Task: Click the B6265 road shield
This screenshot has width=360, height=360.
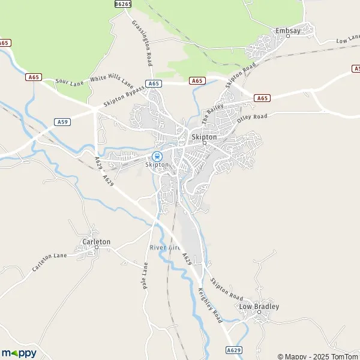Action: [x=122, y=4]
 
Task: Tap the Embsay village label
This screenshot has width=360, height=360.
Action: [x=287, y=30]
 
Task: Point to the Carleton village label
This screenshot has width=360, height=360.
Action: [x=96, y=242]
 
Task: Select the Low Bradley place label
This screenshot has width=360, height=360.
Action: [x=259, y=307]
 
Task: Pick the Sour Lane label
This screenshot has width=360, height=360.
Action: [x=67, y=80]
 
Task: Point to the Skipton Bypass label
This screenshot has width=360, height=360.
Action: [x=124, y=95]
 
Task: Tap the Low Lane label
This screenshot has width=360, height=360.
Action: [x=347, y=40]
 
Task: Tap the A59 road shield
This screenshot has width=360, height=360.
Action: [x=62, y=122]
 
